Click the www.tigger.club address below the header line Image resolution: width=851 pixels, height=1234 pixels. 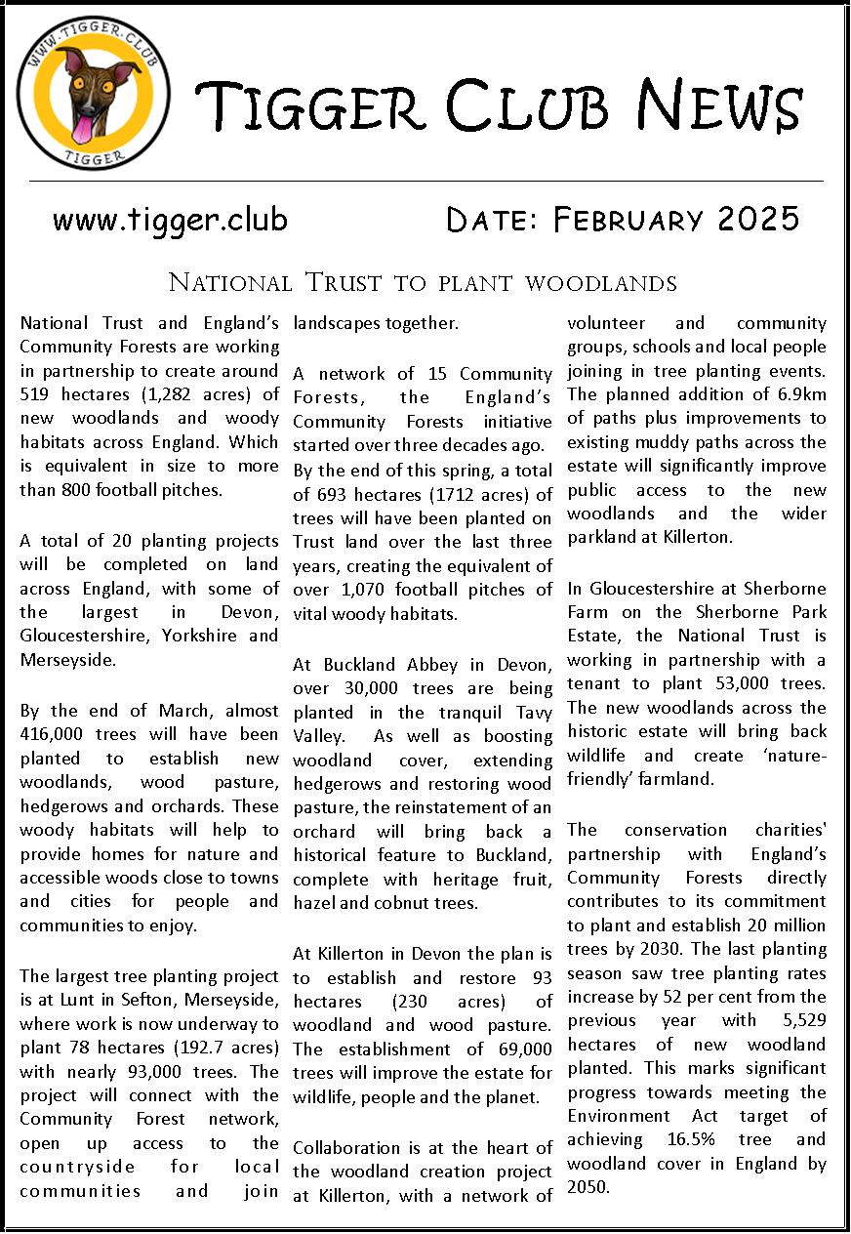170,221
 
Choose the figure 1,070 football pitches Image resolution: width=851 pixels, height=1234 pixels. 362,589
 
